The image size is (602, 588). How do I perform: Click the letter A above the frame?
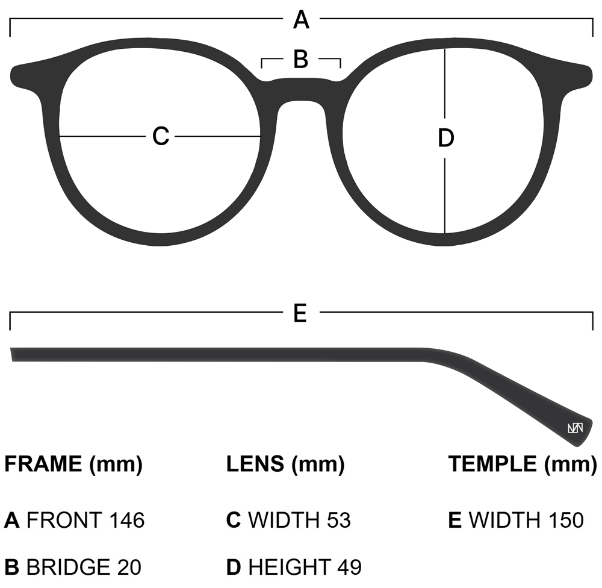pos(301,20)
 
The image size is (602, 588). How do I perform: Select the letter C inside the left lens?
pos(161,136)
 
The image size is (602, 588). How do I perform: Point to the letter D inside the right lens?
pos(445,139)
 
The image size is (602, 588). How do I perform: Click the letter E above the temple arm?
pos(300,313)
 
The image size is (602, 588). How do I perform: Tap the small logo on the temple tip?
pos(575,428)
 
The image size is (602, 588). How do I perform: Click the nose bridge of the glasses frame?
pos(301,90)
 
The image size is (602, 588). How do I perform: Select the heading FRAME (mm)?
pos(73,464)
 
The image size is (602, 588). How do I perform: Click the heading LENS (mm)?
pos(285,464)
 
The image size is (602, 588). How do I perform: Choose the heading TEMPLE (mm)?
pos(522,464)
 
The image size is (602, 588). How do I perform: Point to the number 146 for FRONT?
pos(127,520)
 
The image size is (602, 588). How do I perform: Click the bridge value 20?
pos(129,567)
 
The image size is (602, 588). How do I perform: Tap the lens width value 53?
pos(338,520)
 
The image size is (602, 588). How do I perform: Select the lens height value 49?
pos(349,567)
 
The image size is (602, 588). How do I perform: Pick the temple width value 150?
pos(565,520)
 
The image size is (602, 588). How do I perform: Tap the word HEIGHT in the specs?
pos(289,567)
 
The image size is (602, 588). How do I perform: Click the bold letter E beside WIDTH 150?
pos(455,520)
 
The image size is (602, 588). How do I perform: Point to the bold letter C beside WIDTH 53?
pos(234,520)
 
